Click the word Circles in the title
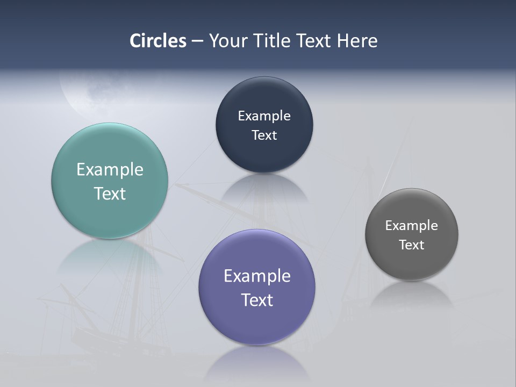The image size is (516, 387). tap(157, 41)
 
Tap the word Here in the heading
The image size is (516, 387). tap(357, 41)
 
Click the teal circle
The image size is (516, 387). tap(110, 215)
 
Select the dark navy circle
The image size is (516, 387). tap(264, 156)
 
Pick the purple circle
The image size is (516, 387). tap(257, 322)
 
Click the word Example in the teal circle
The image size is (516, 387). tap(110, 170)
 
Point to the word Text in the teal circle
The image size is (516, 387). tap(110, 193)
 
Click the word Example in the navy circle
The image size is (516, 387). tap(264, 116)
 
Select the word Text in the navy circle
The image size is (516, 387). tap(264, 135)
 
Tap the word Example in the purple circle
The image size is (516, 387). tap(257, 276)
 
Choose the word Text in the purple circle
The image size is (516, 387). tap(257, 299)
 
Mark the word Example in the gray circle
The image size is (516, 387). tap(412, 225)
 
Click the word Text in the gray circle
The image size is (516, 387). tap(412, 245)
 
